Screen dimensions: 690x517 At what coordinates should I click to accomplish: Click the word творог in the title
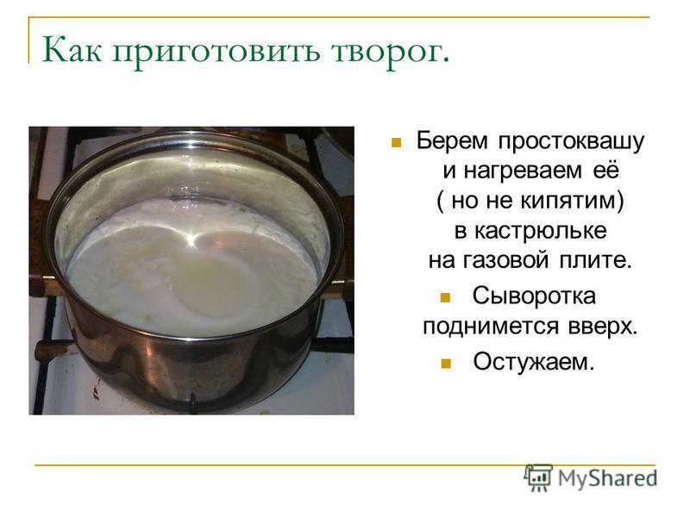pyautogui.click(x=391, y=52)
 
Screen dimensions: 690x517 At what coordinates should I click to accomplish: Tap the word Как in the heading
pyautogui.click(x=72, y=49)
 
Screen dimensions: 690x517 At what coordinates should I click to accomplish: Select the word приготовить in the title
pyautogui.click(x=216, y=52)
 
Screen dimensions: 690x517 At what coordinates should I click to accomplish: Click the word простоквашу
pyautogui.click(x=571, y=142)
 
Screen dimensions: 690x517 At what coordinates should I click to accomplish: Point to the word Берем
pyautogui.click(x=452, y=140)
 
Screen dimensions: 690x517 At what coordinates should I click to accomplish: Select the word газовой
pyautogui.click(x=505, y=260)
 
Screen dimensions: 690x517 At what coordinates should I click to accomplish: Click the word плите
pyautogui.click(x=595, y=260)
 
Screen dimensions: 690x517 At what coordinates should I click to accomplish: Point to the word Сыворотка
pyautogui.click(x=534, y=296)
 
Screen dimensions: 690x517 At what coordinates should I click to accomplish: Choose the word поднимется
pyautogui.click(x=491, y=327)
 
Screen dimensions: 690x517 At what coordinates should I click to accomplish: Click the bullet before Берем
pyautogui.click(x=396, y=142)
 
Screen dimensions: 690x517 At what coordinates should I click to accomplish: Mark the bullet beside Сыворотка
pyautogui.click(x=445, y=297)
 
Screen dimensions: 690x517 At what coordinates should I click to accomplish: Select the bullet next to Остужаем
pyautogui.click(x=446, y=364)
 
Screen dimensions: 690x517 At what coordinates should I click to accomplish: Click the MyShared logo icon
pyautogui.click(x=538, y=477)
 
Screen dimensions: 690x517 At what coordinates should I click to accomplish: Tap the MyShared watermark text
pyautogui.click(x=608, y=478)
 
